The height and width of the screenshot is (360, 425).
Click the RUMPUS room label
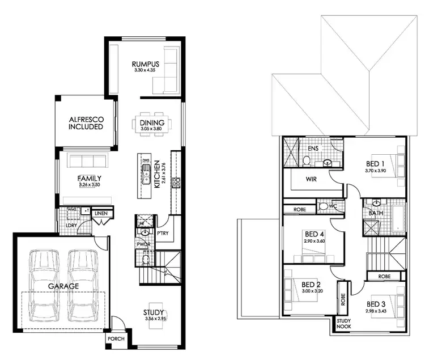[144, 64]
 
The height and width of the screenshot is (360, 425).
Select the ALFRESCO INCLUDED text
[85, 123]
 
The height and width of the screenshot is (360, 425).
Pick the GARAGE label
[63, 286]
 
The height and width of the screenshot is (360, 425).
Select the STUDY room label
[153, 312]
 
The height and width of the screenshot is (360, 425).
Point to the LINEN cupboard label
[101, 213]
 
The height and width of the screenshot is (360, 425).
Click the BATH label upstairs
[375, 214]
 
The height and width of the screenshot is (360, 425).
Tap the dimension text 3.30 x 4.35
[144, 71]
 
